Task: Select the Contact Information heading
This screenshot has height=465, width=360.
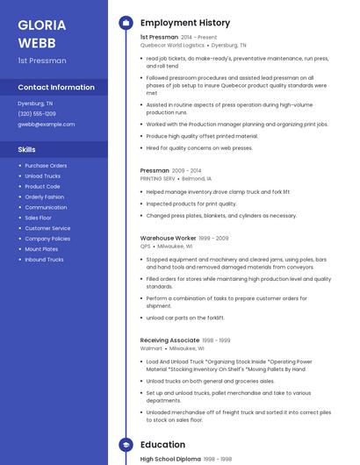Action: [x=56, y=88]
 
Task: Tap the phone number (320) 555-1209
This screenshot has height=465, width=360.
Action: [x=37, y=114]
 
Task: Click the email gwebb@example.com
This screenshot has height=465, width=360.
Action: [x=46, y=125]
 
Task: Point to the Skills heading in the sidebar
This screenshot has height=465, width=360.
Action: [x=26, y=149]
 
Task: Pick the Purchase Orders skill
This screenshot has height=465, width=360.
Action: [x=46, y=166]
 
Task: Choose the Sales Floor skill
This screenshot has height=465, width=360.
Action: [x=38, y=218]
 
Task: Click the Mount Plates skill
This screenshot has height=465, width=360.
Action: [x=41, y=249]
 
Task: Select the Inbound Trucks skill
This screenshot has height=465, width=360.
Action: [x=44, y=260]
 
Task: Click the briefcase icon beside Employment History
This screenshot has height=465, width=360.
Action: [x=126, y=23]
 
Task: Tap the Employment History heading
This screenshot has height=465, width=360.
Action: [x=185, y=23]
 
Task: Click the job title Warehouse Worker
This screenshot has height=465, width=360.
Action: [x=168, y=238]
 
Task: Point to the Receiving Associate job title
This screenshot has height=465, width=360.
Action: [x=169, y=340]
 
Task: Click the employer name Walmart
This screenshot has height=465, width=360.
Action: [x=151, y=348]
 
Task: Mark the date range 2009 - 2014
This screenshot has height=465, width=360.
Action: [x=186, y=170]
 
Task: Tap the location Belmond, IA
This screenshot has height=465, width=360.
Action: [x=197, y=178]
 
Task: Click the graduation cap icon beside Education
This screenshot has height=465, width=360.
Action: [x=126, y=445]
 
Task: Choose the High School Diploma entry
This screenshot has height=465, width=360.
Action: [x=170, y=459]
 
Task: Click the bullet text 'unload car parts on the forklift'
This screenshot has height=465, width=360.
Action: [x=185, y=318]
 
